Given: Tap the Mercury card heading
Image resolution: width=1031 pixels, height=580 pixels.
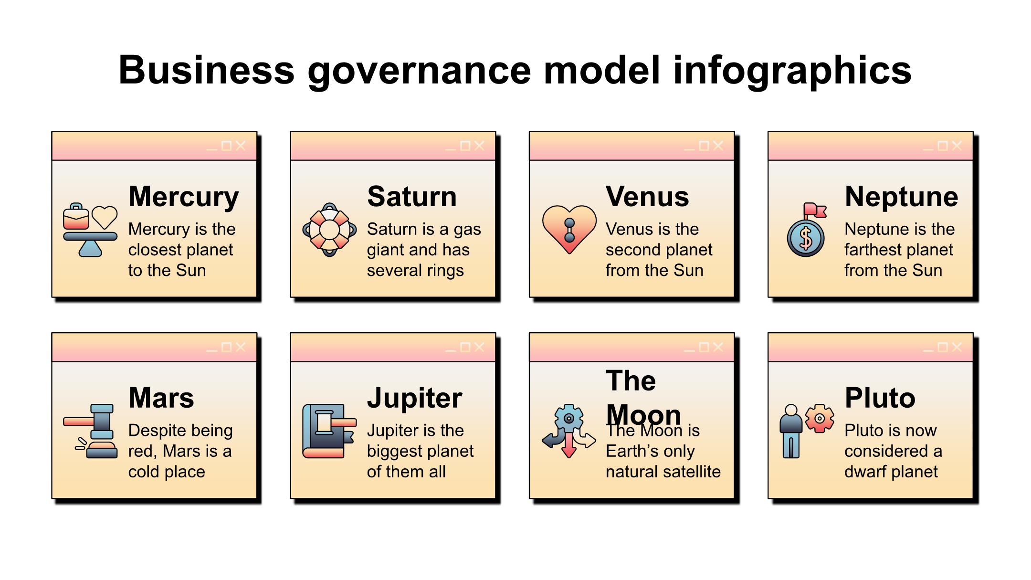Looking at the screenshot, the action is point(184,197).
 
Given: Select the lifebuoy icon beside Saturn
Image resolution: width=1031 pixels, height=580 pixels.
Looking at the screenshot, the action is point(329,230).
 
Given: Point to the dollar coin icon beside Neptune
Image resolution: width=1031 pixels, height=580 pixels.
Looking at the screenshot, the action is point(806,238).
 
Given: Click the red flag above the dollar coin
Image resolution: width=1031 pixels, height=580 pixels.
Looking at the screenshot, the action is point(814,211).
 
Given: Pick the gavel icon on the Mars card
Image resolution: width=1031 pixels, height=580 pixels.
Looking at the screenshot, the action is point(91,431).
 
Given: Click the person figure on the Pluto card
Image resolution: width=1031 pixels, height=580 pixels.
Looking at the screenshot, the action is point(791,431).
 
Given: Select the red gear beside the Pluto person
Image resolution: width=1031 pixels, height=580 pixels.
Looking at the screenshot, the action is point(820,419).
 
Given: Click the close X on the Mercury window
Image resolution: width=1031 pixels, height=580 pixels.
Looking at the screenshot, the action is point(241,146).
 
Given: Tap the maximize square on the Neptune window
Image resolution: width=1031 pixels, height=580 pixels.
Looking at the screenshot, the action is point(943,146).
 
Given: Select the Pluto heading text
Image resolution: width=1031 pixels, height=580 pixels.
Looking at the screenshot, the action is point(880,398).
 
